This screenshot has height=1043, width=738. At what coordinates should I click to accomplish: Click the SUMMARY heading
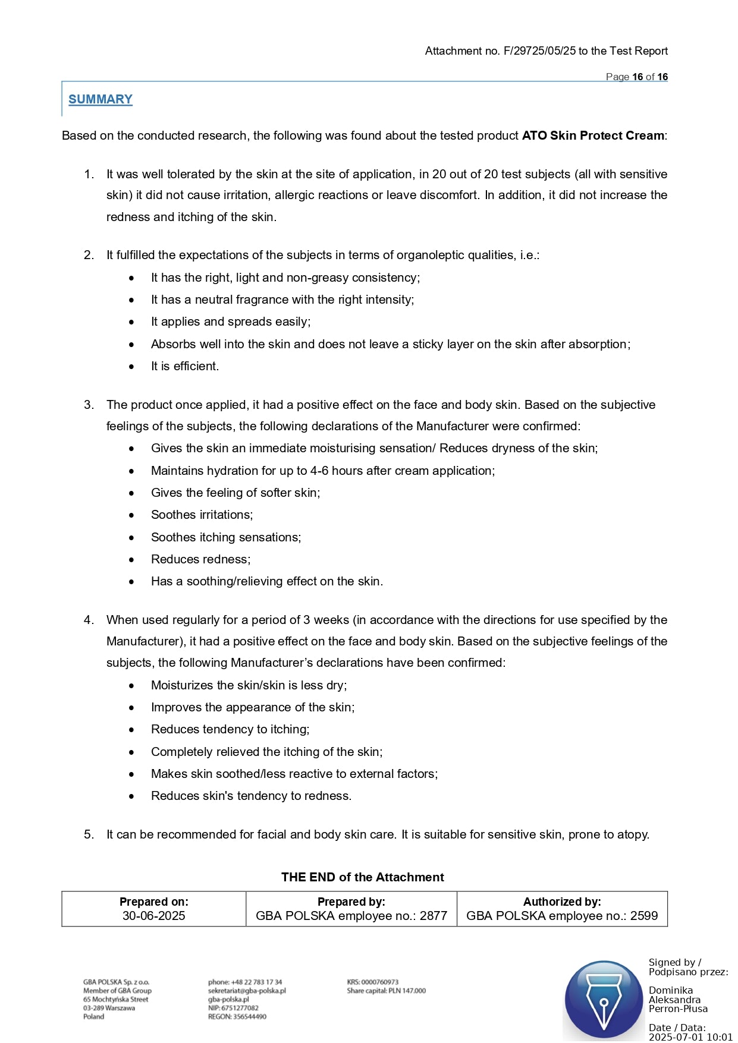(100, 99)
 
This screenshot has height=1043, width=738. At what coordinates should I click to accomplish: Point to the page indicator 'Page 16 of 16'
(636, 77)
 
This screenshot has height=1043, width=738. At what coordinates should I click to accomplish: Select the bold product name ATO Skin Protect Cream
(592, 136)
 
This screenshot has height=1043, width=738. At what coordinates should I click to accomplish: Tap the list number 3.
(89, 405)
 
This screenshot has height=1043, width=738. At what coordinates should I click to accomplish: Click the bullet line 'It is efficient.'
(184, 366)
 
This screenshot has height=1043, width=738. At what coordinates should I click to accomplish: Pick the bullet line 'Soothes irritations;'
(202, 515)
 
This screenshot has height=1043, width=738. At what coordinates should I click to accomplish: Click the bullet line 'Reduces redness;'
(200, 559)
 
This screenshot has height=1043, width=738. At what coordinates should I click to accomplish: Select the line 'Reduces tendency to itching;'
(230, 729)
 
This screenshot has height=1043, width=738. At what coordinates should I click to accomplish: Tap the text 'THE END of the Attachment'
(362, 877)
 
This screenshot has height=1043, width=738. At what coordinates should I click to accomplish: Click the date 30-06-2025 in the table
(153, 916)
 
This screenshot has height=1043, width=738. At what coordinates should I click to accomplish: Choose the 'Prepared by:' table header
(351, 902)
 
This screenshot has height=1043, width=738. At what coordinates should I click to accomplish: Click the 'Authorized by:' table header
(562, 902)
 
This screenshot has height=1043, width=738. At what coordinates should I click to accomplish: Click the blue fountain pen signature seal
(604, 999)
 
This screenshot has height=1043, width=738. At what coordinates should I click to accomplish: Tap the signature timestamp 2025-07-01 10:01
(690, 1037)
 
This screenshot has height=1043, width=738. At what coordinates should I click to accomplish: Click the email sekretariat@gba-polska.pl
(247, 991)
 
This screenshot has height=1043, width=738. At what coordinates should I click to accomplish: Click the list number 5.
(89, 834)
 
